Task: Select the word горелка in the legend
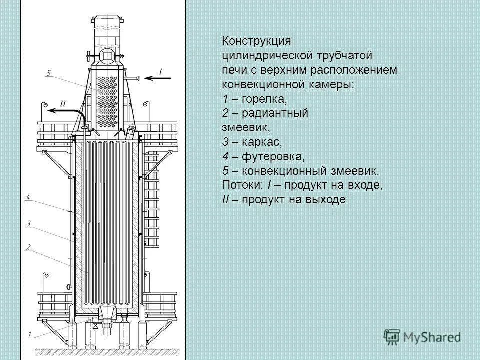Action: click(263, 99)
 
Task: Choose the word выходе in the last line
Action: click(328, 200)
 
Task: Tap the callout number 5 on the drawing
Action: click(49, 73)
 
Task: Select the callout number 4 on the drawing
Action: click(29, 198)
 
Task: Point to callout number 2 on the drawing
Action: click(29, 247)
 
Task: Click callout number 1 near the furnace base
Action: click(30, 334)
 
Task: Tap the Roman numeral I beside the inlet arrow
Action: click(160, 71)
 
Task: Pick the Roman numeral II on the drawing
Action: click(63, 103)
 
